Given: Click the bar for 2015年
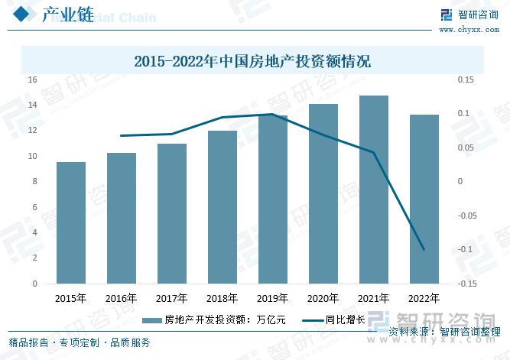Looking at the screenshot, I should pyautogui.click(x=71, y=222).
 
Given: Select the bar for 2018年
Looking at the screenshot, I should pyautogui.click(x=223, y=207).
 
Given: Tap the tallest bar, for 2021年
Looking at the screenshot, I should pyautogui.click(x=374, y=190).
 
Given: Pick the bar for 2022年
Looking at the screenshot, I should pyautogui.click(x=424, y=199).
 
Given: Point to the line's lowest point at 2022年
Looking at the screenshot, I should pyautogui.click(x=424, y=249).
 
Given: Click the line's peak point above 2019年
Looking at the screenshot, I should pyautogui.click(x=273, y=115).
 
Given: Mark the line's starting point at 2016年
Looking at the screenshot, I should pyautogui.click(x=122, y=136).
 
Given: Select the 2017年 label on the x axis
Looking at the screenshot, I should pyautogui.click(x=172, y=298).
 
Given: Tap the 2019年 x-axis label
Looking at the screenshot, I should pyautogui.click(x=273, y=298).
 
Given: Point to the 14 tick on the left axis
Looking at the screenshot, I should pyautogui.click(x=33, y=105).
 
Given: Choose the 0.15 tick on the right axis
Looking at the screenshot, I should pyautogui.click(x=466, y=79).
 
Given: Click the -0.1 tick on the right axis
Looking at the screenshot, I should pyautogui.click(x=466, y=250).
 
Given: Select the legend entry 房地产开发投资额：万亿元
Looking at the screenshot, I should pyautogui.click(x=215, y=320).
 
